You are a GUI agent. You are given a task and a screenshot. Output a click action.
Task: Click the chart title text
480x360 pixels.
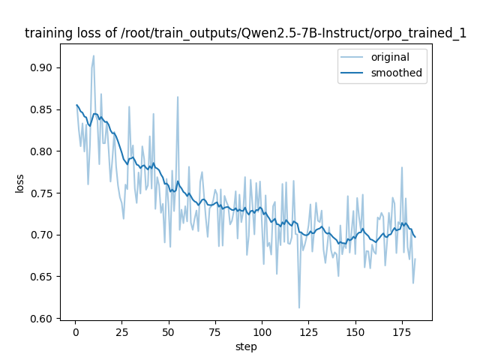246,33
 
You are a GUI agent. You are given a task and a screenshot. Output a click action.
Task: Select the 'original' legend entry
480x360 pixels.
394,57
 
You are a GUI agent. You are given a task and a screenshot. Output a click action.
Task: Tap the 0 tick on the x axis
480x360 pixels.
75,331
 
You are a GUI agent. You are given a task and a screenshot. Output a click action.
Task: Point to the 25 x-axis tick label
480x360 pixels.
121,331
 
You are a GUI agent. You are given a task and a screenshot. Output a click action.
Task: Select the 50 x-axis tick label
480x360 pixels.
168,331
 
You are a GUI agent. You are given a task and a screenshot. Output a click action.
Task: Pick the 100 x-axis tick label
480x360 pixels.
262,331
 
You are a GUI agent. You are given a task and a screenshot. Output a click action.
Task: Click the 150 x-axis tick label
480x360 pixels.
355,331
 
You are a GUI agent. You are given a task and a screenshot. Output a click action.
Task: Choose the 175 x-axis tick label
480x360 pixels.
401,331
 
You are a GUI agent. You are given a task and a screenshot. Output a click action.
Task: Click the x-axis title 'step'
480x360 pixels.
246,346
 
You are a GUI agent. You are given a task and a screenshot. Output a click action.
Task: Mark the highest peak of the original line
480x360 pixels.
94,55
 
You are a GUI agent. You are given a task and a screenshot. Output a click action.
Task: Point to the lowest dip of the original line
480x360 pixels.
299,308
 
